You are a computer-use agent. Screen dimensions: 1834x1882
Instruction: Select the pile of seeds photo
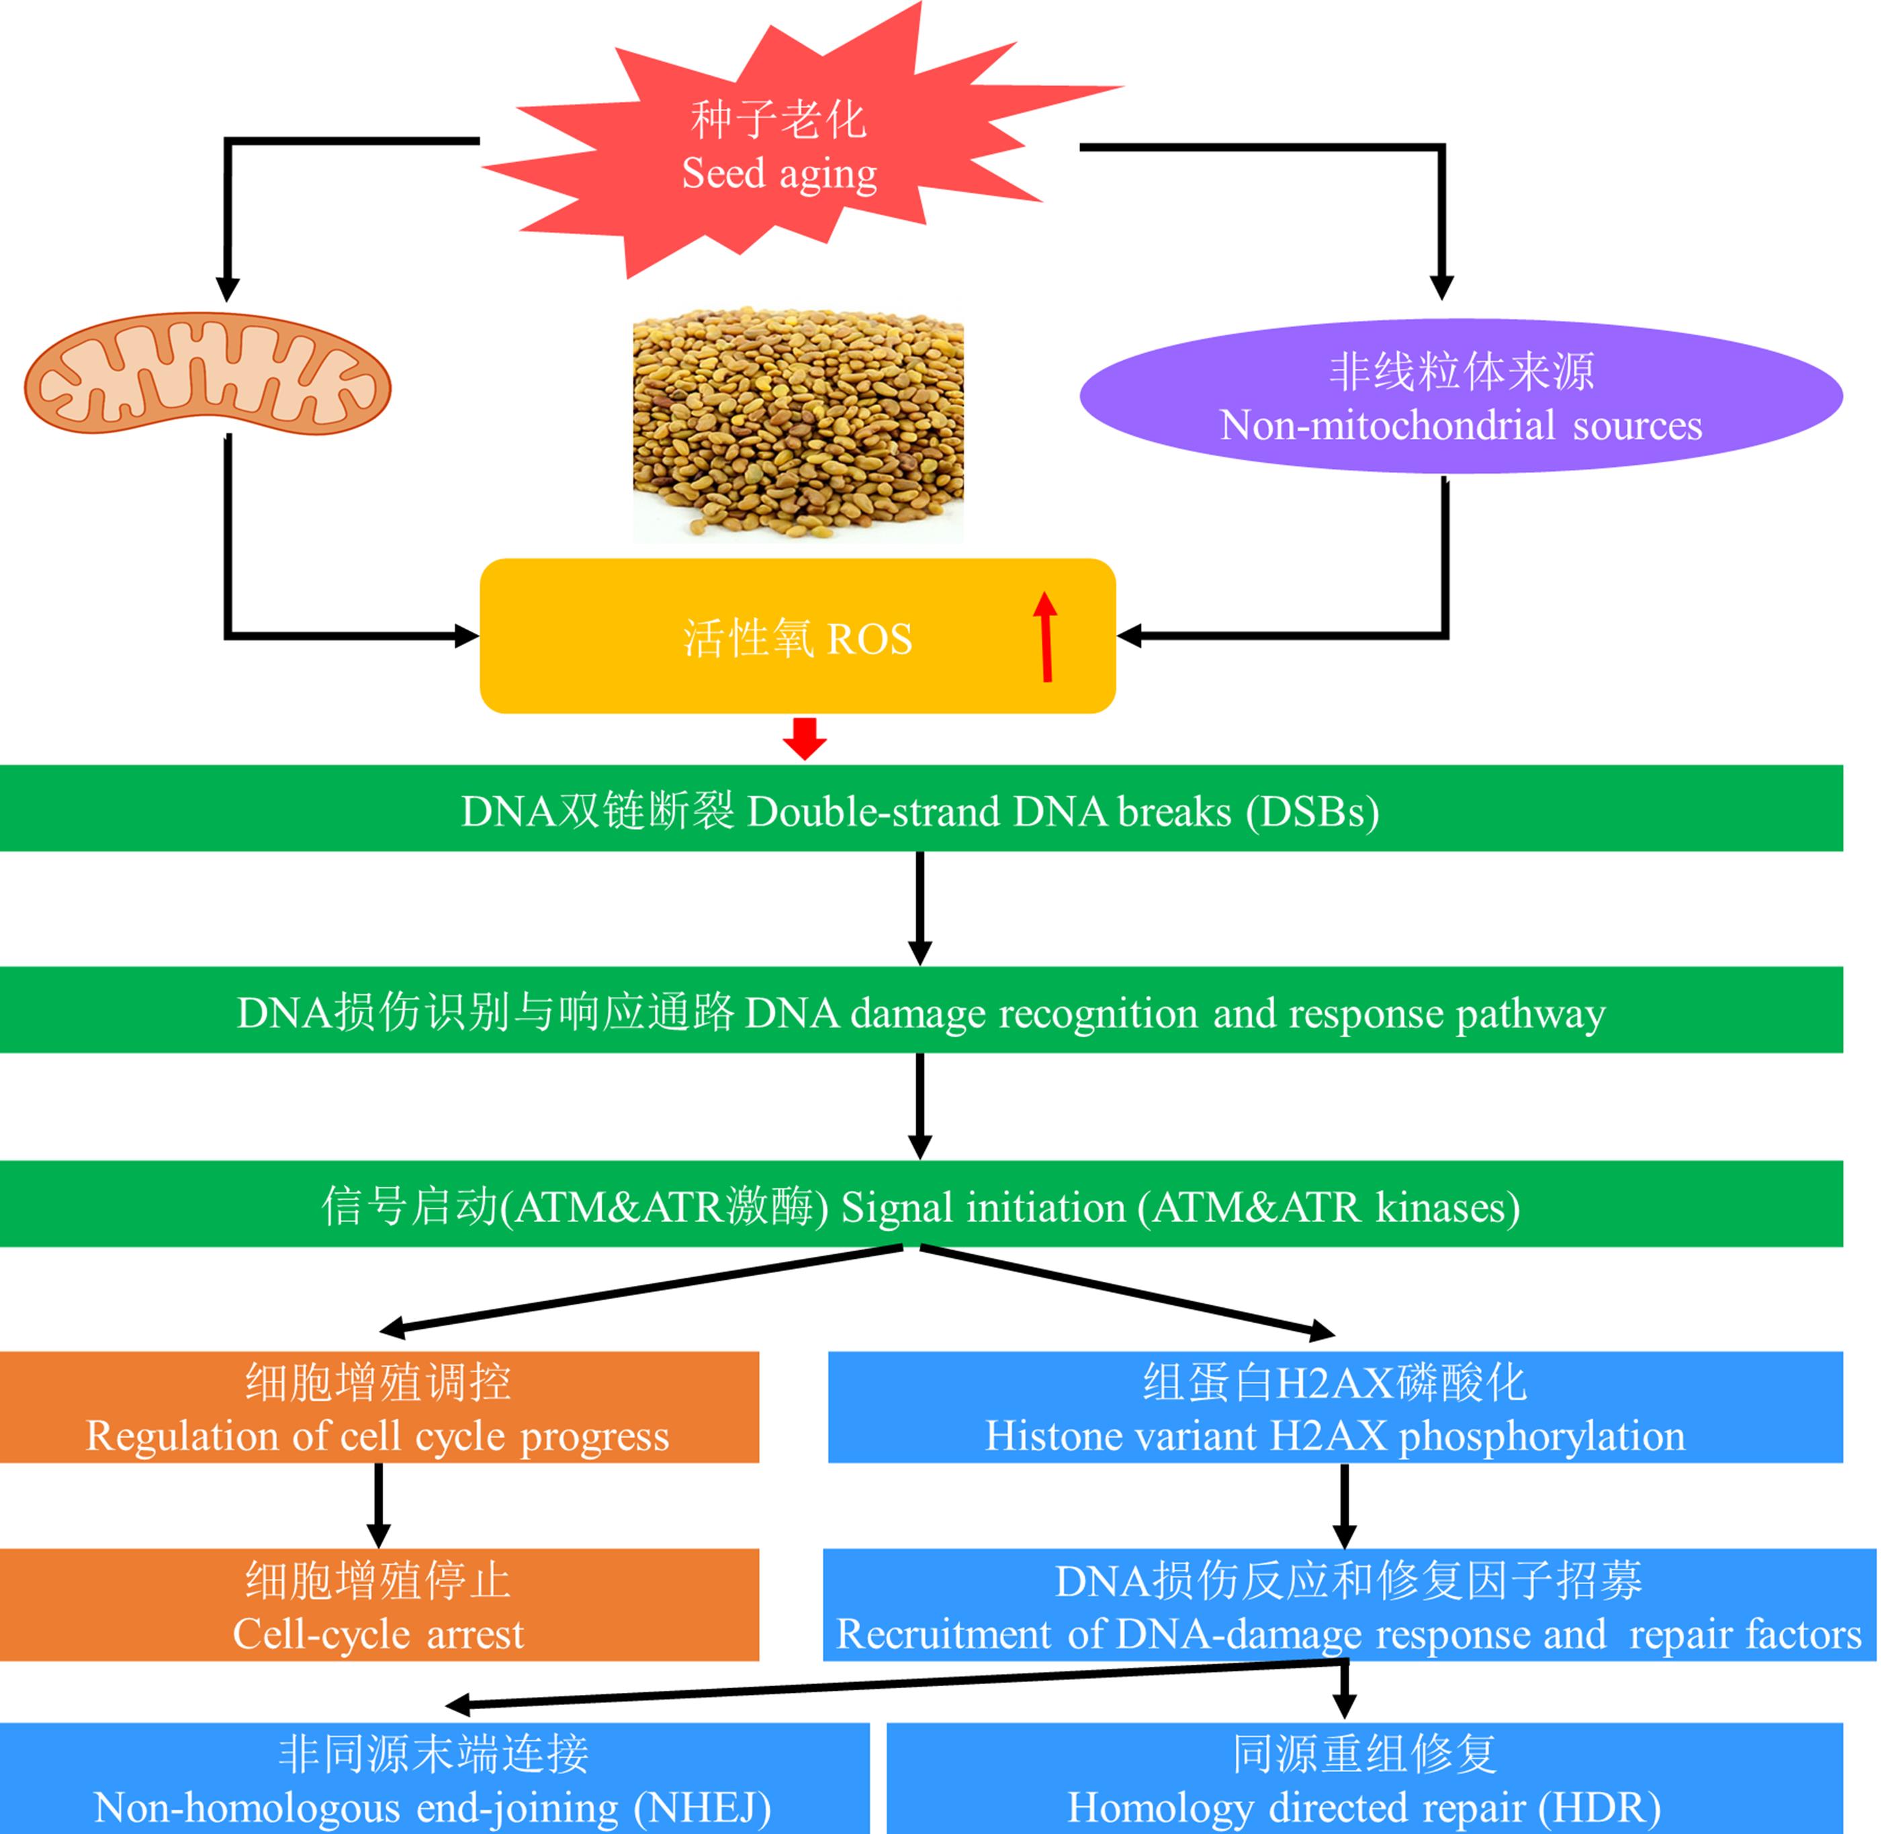pos(797,424)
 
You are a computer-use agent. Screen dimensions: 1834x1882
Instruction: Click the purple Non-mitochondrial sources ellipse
pos(1460,397)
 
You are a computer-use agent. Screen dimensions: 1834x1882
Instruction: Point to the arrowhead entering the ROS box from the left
pos(466,636)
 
